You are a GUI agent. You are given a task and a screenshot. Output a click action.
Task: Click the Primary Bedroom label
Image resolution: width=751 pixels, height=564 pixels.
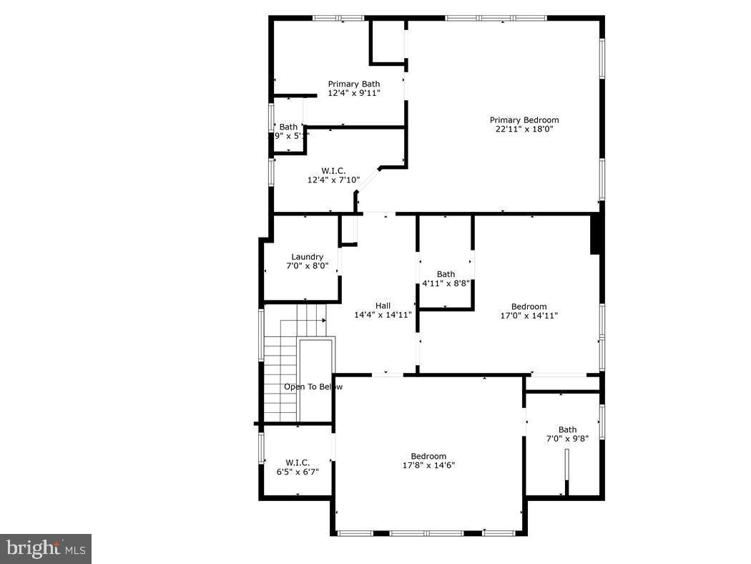524,120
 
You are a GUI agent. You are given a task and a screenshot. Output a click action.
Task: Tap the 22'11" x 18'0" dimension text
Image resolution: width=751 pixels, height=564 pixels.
524,130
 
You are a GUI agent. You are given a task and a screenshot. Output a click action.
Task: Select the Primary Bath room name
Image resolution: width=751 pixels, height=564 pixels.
353,84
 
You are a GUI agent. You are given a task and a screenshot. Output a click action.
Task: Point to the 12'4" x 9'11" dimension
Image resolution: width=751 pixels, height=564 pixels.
353,93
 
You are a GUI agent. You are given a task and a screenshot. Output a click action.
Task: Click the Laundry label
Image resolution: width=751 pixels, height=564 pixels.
307,257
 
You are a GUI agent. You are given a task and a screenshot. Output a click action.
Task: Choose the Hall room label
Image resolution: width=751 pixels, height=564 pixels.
383,306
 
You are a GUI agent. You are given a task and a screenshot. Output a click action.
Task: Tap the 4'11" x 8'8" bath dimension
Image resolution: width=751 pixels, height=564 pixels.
446,283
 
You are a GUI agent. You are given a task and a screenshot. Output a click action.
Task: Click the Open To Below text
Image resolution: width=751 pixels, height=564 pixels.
313,387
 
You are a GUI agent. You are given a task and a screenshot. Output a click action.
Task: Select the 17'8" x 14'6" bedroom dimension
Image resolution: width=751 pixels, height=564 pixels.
428,465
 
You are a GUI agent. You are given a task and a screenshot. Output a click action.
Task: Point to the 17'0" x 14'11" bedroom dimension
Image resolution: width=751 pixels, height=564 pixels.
529,316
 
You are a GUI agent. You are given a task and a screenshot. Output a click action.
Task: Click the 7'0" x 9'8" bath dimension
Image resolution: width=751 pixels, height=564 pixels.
567,439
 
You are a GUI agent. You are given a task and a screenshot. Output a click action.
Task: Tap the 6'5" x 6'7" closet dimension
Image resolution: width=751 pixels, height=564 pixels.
298,472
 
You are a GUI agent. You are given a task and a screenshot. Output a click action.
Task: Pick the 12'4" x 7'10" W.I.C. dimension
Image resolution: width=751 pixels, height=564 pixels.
333,180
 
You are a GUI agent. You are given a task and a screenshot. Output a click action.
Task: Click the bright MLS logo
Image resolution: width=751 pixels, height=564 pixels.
46,549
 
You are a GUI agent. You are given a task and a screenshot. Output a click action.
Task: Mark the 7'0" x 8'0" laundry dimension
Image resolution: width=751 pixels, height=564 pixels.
307,266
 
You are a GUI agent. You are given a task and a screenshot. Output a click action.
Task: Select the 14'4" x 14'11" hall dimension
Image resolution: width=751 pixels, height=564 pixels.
383,315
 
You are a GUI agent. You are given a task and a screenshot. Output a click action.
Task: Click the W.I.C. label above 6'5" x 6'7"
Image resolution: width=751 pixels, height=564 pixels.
298,462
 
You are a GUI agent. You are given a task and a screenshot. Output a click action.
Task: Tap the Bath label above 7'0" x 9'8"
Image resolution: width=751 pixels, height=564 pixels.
567,430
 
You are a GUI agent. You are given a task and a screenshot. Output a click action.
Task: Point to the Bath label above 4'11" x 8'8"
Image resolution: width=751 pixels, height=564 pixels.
446,274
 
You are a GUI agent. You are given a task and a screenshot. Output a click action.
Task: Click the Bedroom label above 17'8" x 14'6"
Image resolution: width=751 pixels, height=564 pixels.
428,456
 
